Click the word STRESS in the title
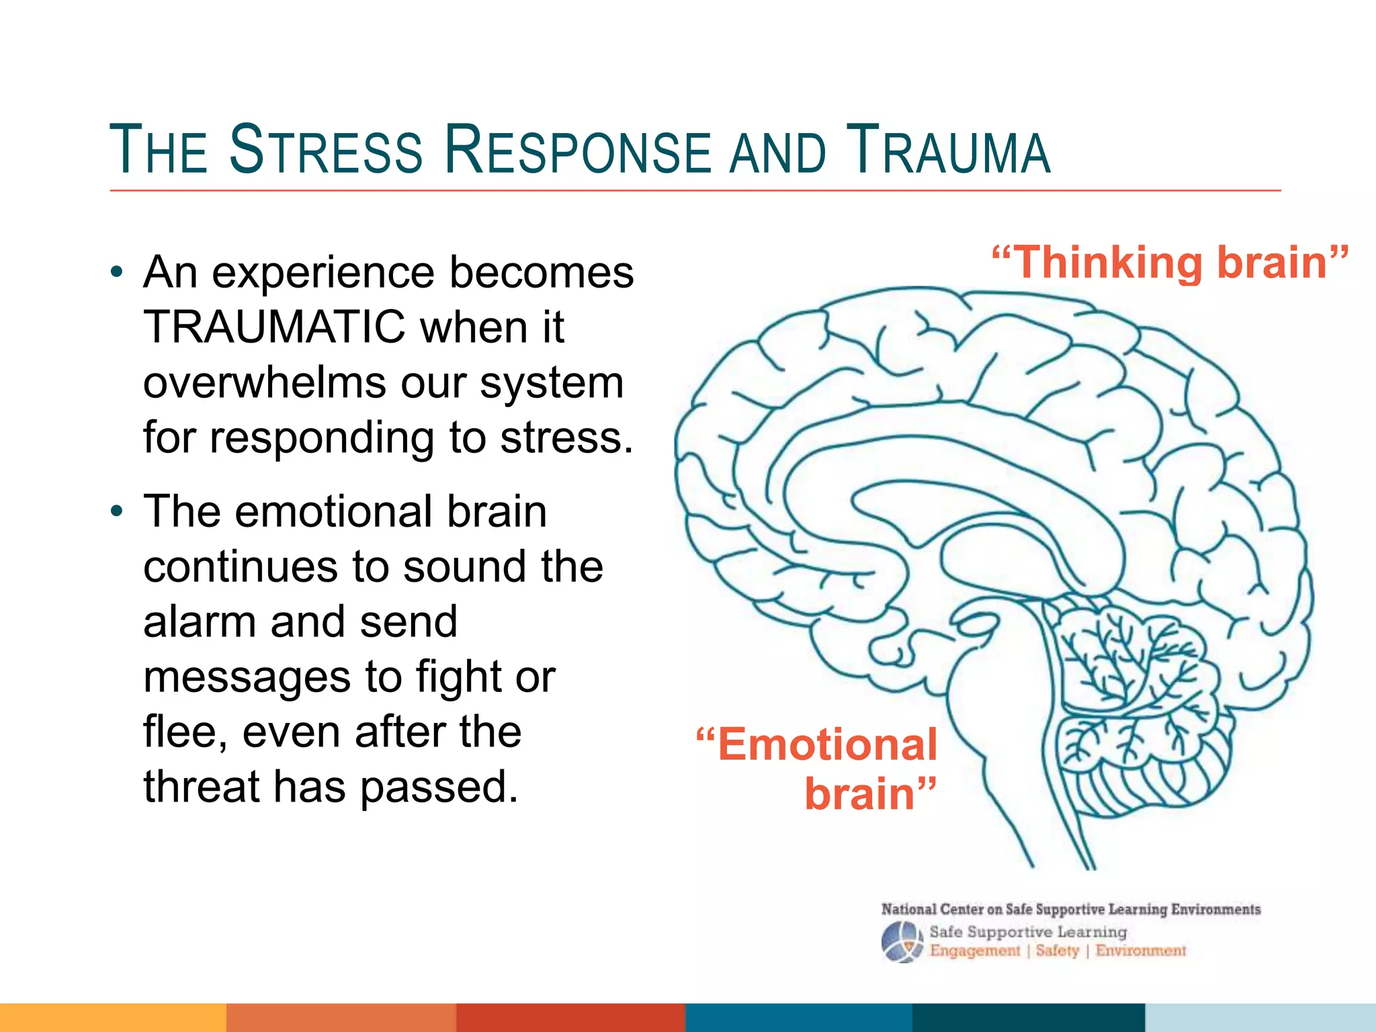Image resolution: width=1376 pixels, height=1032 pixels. click(326, 150)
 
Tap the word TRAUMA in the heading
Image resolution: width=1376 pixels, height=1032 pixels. click(947, 150)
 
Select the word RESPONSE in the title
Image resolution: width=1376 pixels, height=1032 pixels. click(577, 150)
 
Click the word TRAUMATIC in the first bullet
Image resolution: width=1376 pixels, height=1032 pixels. click(274, 327)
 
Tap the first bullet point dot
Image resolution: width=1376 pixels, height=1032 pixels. click(118, 273)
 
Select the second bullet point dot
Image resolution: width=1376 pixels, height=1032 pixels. click(118, 512)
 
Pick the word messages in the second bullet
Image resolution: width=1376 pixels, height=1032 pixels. click(247, 677)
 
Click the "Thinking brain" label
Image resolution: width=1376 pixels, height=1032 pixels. click(1170, 262)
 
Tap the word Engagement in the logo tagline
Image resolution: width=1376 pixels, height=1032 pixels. click(974, 951)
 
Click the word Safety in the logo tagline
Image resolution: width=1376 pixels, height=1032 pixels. click(1057, 951)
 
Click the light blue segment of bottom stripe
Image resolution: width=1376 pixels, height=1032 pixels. click(1260, 1017)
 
